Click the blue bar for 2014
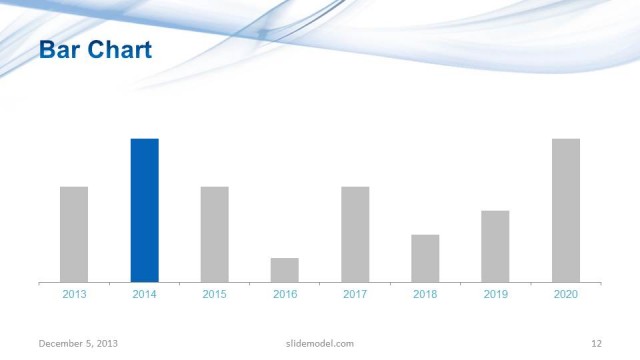[144, 210]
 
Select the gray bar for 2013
[74, 234]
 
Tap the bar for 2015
[214, 234]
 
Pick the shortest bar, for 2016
[284, 270]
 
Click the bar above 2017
[355, 234]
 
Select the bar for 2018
[425, 258]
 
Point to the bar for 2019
[495, 246]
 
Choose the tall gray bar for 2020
[566, 210]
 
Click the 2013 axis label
[74, 294]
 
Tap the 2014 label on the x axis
[144, 294]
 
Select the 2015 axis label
[214, 294]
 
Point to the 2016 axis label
[284, 294]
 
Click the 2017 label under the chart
[355, 294]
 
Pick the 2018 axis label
[425, 294]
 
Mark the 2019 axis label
[495, 294]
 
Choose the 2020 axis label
[566, 294]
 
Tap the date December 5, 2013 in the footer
[78, 344]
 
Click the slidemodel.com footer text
[313, 344]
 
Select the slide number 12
[596, 344]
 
